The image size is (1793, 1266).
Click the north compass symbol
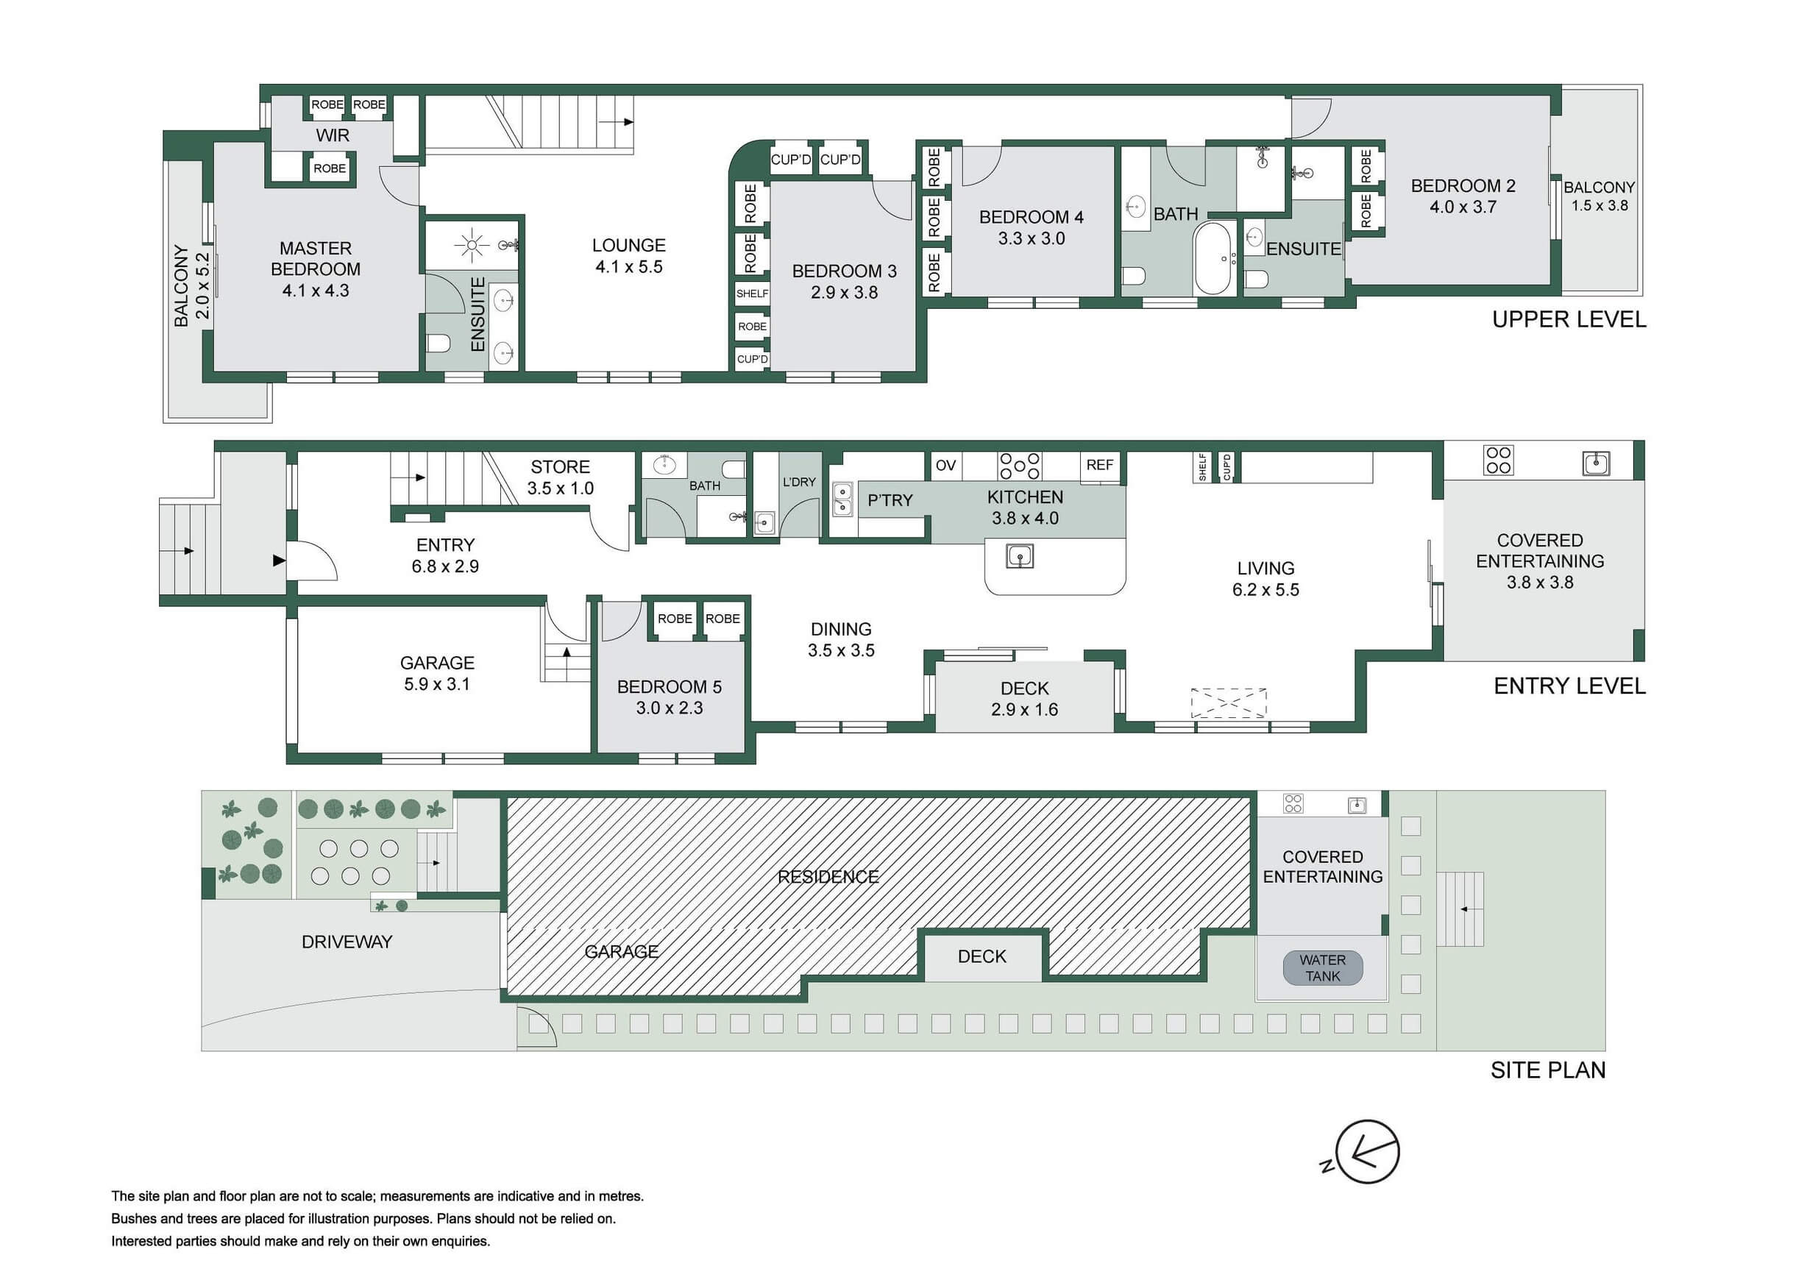[1366, 1151]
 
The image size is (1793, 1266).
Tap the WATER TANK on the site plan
[1323, 967]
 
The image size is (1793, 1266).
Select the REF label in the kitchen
[1099, 466]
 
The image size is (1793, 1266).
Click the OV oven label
[945, 466]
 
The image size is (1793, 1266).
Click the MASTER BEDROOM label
[316, 258]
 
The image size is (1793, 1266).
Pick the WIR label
[333, 135]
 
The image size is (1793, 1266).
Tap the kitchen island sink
[1020, 556]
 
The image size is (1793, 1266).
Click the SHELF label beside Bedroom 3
[752, 294]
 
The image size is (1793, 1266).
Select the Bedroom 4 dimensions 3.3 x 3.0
[1032, 238]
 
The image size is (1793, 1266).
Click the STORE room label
[560, 467]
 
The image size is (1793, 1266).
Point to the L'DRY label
[799, 482]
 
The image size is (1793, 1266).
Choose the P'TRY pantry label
[890, 499]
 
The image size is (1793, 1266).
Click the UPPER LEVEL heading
[1569, 319]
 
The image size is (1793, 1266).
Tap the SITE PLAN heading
[1548, 1070]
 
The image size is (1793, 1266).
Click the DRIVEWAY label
[347, 942]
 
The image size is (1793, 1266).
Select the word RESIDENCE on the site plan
[828, 877]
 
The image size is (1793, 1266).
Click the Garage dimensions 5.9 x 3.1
[437, 684]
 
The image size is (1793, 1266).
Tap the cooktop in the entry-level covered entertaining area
[1499, 460]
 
